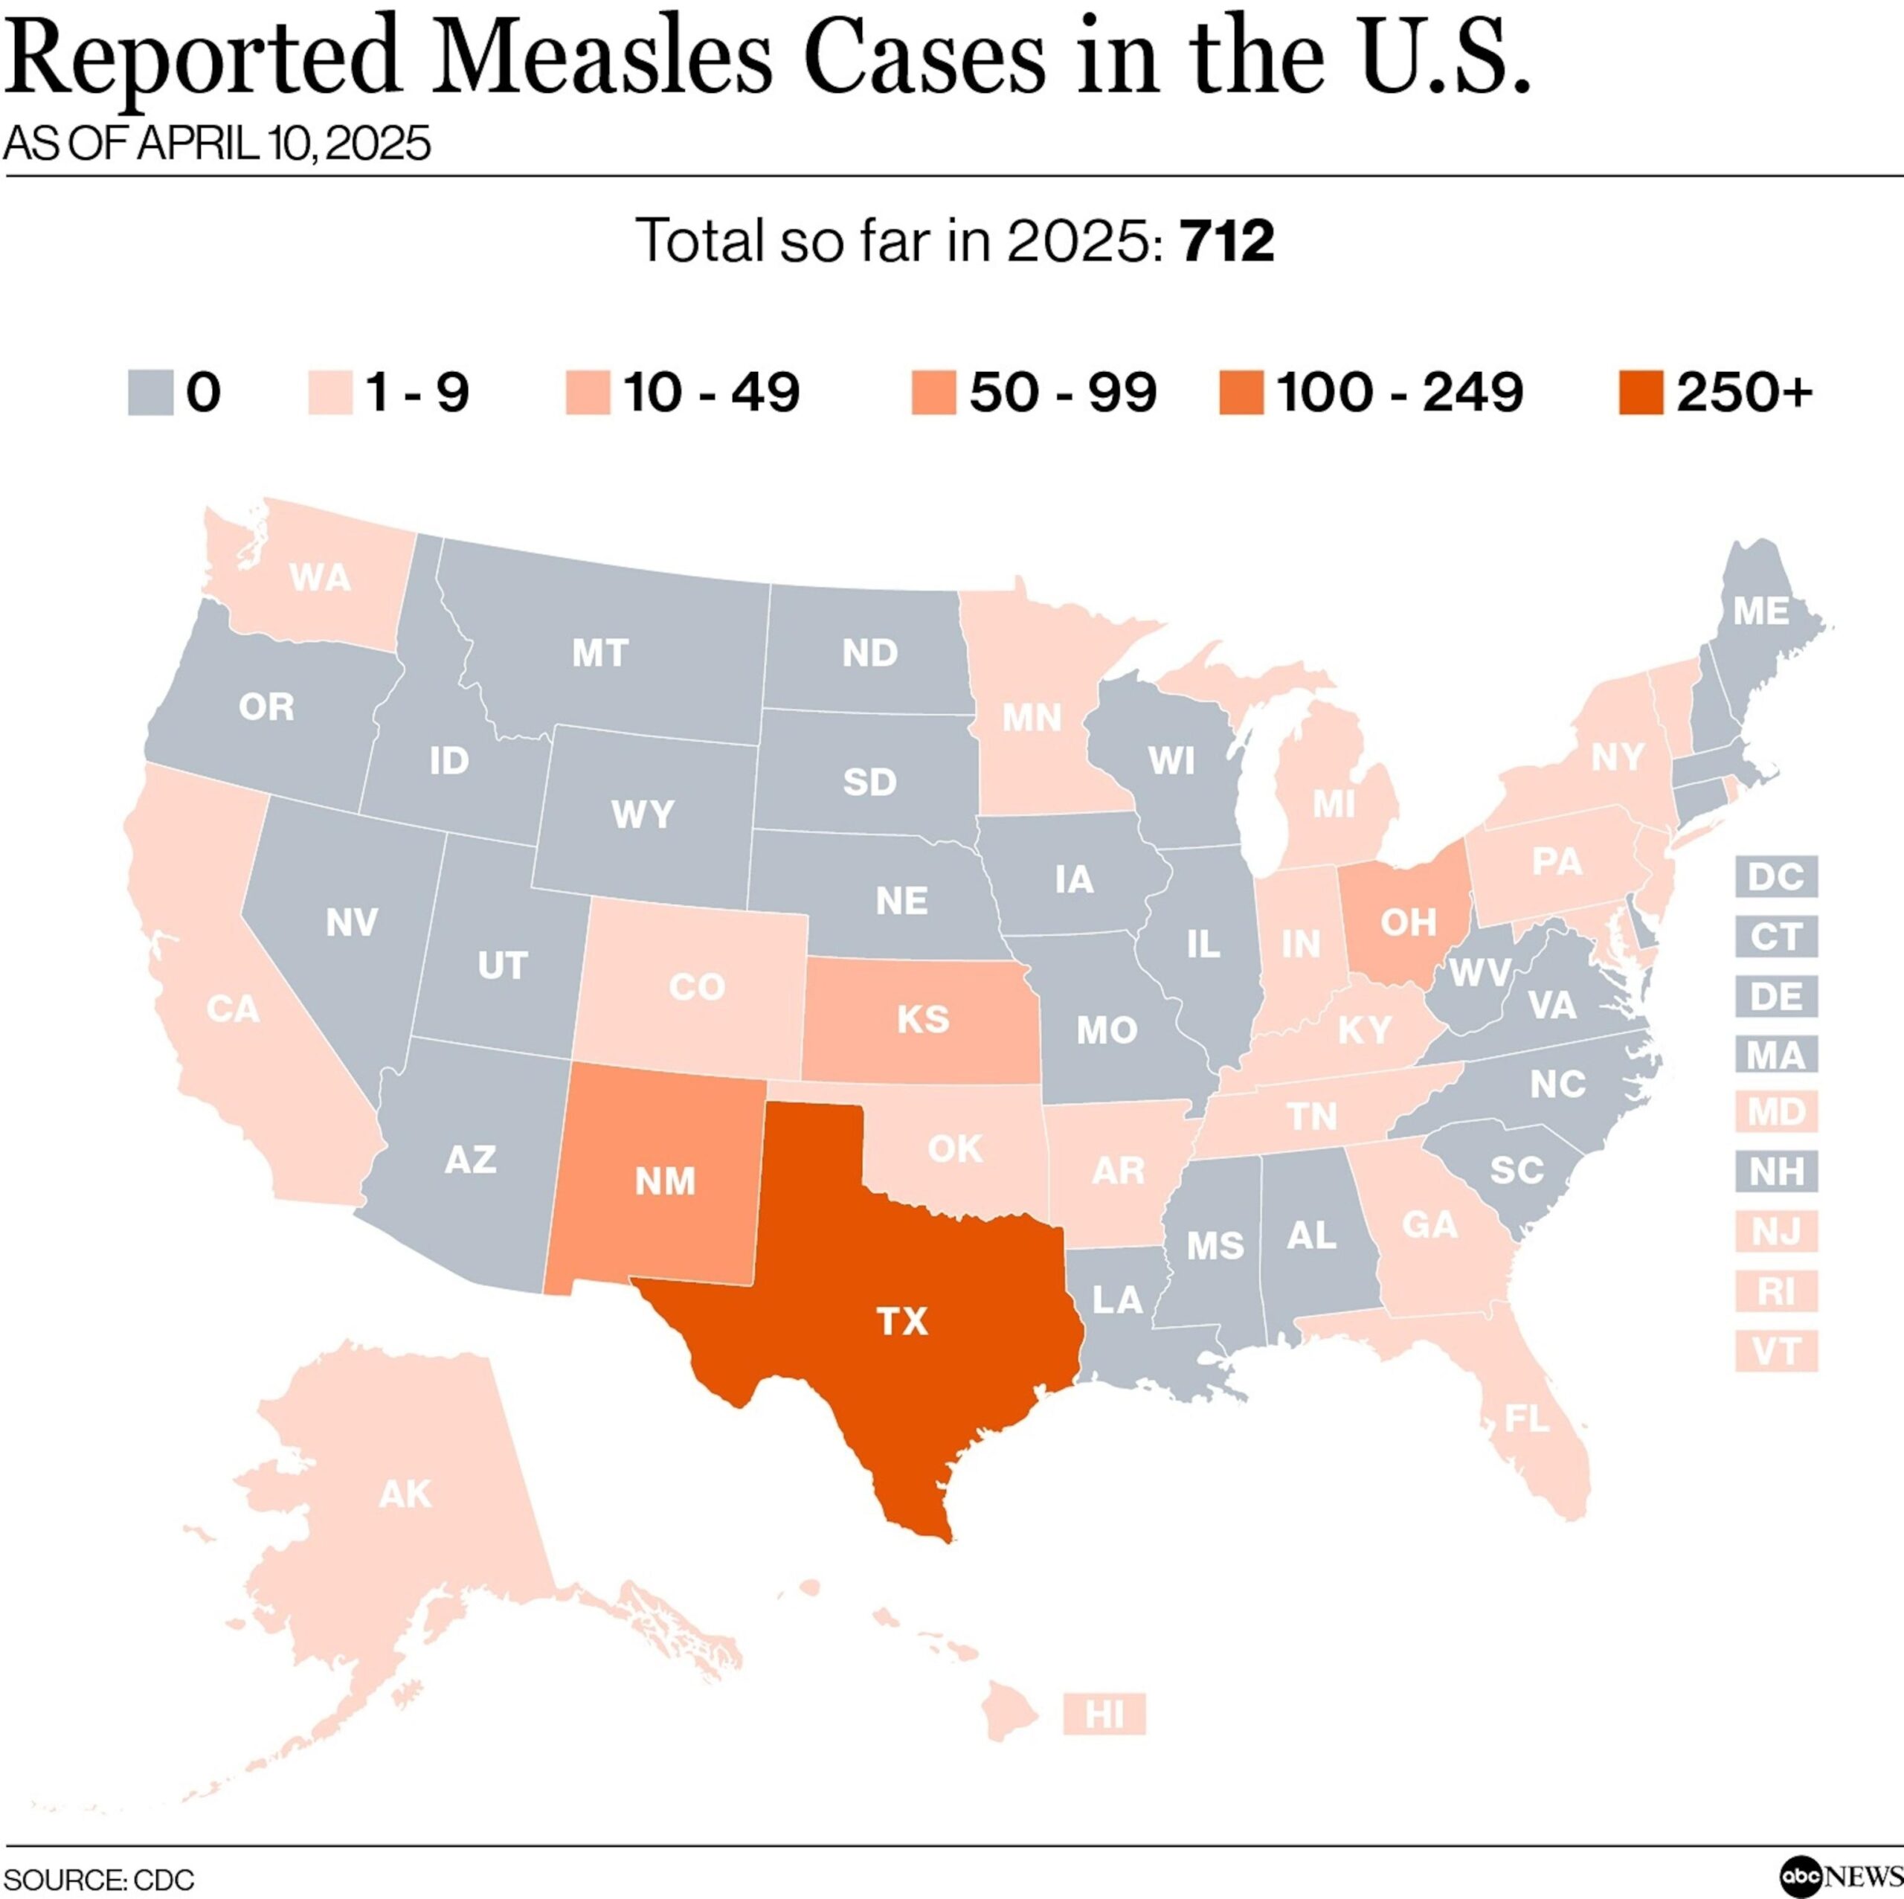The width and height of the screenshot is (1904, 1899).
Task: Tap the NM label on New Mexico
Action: [x=665, y=1180]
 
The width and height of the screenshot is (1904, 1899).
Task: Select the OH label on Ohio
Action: [x=1408, y=922]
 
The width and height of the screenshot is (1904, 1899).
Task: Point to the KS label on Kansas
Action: [x=922, y=1019]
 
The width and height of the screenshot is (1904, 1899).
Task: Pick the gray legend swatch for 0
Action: [x=152, y=392]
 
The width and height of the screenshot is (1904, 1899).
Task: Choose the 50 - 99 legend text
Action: [x=1062, y=392]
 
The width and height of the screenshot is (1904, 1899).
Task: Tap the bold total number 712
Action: [x=1227, y=240]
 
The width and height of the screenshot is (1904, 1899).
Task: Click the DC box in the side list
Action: [x=1776, y=876]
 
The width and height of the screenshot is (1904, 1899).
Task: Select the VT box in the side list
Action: [x=1776, y=1349]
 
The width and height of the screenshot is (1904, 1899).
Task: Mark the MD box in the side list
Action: [x=1776, y=1113]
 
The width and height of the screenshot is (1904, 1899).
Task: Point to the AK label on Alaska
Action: [x=405, y=1495]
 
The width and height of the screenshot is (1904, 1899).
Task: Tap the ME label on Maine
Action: [x=1761, y=612]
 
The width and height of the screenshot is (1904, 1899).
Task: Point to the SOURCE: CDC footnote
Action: [x=99, y=1878]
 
